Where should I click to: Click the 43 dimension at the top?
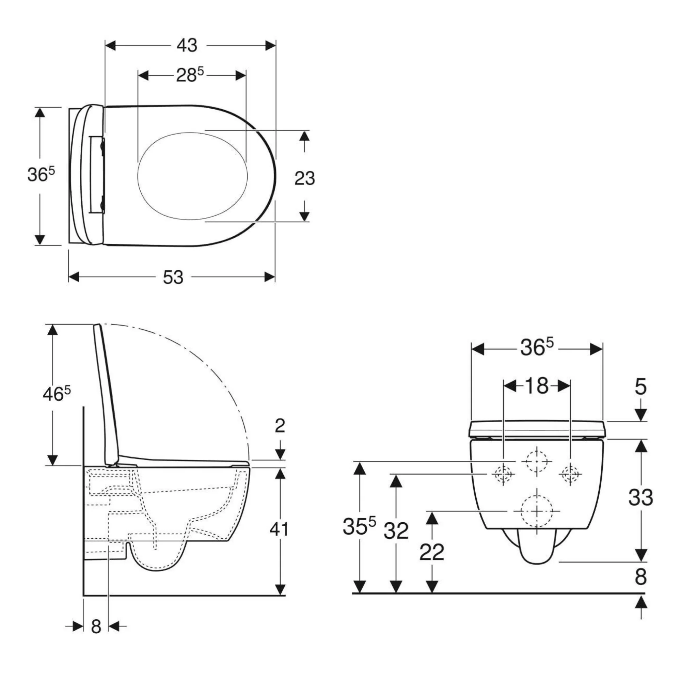tap(187, 46)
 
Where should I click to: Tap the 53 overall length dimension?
tap(173, 278)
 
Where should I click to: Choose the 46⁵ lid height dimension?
tap(57, 394)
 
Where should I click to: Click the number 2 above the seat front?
tap(280, 426)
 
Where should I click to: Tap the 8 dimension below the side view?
tap(96, 627)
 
